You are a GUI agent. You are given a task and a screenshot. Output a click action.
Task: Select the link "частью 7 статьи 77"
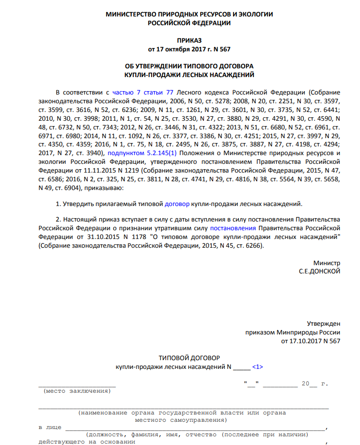point(143,92)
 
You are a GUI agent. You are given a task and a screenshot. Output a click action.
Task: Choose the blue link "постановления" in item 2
point(233,227)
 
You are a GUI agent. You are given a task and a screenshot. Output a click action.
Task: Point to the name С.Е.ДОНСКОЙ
point(319,271)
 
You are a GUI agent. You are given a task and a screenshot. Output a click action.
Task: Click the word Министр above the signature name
point(327,263)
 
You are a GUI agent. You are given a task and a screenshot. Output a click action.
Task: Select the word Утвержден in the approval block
point(324,323)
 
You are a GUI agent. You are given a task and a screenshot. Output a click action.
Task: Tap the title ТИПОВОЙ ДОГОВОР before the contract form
point(189,358)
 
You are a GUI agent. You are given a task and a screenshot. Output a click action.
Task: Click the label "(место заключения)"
point(78,391)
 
